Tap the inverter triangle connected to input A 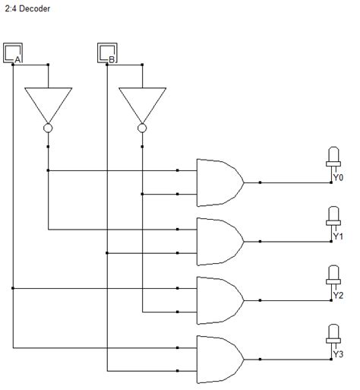(x=48, y=103)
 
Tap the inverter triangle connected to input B (x=142, y=103)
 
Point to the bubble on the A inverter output (x=48, y=128)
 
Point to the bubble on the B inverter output (x=142, y=128)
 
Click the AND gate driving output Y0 (x=219, y=182)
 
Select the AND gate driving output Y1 (x=219, y=240)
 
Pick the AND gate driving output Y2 (x=219, y=300)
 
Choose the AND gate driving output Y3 (x=219, y=358)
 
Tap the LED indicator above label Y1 (x=333, y=216)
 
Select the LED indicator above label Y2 (x=333, y=274)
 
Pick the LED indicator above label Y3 (x=333, y=333)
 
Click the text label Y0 (x=338, y=178)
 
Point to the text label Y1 (x=338, y=236)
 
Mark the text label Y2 (x=338, y=295)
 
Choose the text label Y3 (x=338, y=354)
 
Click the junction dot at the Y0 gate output (x=261, y=182)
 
